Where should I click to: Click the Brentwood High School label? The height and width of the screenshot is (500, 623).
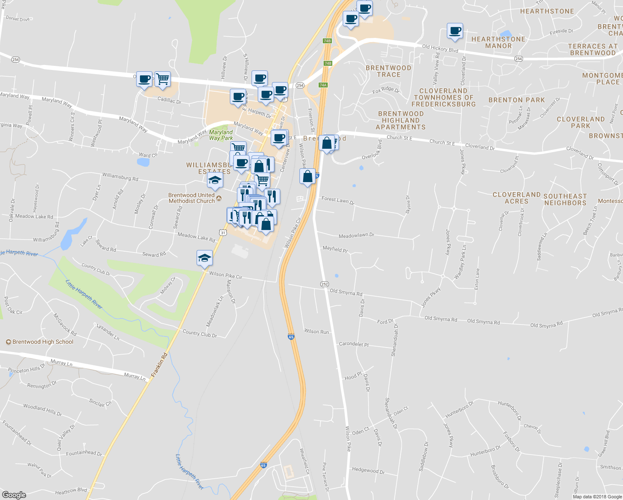pyautogui.click(x=42, y=342)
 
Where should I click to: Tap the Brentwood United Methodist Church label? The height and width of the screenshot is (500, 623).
pyautogui.click(x=192, y=198)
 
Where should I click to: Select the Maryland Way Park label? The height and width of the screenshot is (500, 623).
pyautogui.click(x=221, y=135)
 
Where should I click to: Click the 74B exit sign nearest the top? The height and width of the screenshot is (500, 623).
pyautogui.click(x=327, y=41)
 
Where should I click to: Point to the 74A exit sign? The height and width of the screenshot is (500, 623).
pyautogui.click(x=323, y=85)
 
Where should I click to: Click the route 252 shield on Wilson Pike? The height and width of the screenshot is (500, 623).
pyautogui.click(x=324, y=284)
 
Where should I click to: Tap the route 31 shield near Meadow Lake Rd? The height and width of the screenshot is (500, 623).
pyautogui.click(x=223, y=232)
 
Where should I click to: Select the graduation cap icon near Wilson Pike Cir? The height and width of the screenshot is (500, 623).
pyautogui.click(x=204, y=258)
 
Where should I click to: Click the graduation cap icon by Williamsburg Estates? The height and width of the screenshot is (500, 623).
pyautogui.click(x=215, y=180)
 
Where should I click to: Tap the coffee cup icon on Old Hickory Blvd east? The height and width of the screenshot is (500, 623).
pyautogui.click(x=455, y=31)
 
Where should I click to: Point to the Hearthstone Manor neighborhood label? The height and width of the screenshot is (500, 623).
pyautogui.click(x=498, y=42)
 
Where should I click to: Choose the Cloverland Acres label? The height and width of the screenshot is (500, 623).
pyautogui.click(x=516, y=198)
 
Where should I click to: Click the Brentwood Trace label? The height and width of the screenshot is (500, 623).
pyautogui.click(x=389, y=71)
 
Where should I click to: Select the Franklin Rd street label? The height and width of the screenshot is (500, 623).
pyautogui.click(x=159, y=365)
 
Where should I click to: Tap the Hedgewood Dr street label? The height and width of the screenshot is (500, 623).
pyautogui.click(x=368, y=470)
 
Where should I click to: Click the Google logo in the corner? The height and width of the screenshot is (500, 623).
pyautogui.click(x=14, y=495)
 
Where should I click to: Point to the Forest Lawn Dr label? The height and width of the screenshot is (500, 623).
pyautogui.click(x=338, y=200)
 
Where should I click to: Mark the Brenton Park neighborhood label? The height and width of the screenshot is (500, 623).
pyautogui.click(x=516, y=100)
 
